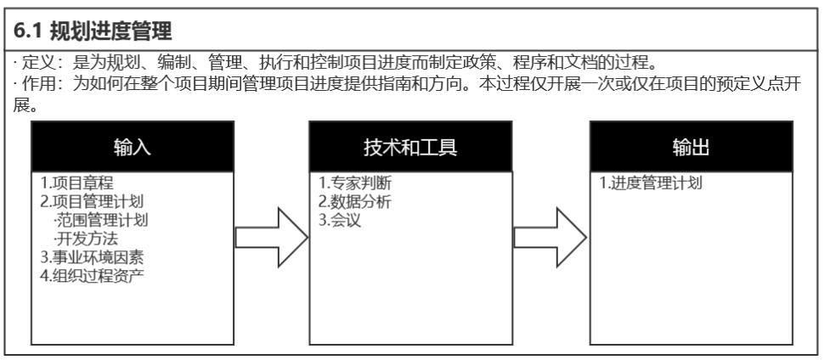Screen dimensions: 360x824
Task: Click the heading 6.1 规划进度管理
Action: [93, 32]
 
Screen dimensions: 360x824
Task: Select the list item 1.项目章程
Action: [76, 183]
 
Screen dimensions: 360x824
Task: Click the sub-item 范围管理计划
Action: [99, 221]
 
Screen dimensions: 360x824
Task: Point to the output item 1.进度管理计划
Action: [648, 183]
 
